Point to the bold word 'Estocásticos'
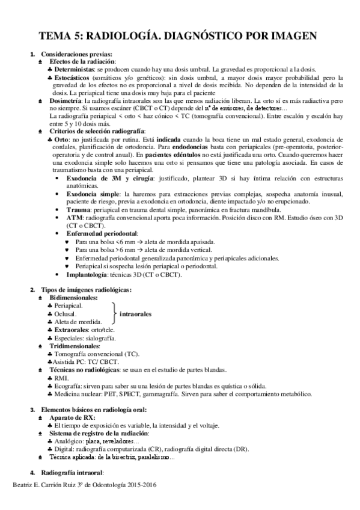point(74,78)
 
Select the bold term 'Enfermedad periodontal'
point(102,233)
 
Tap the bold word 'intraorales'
point(135,314)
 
